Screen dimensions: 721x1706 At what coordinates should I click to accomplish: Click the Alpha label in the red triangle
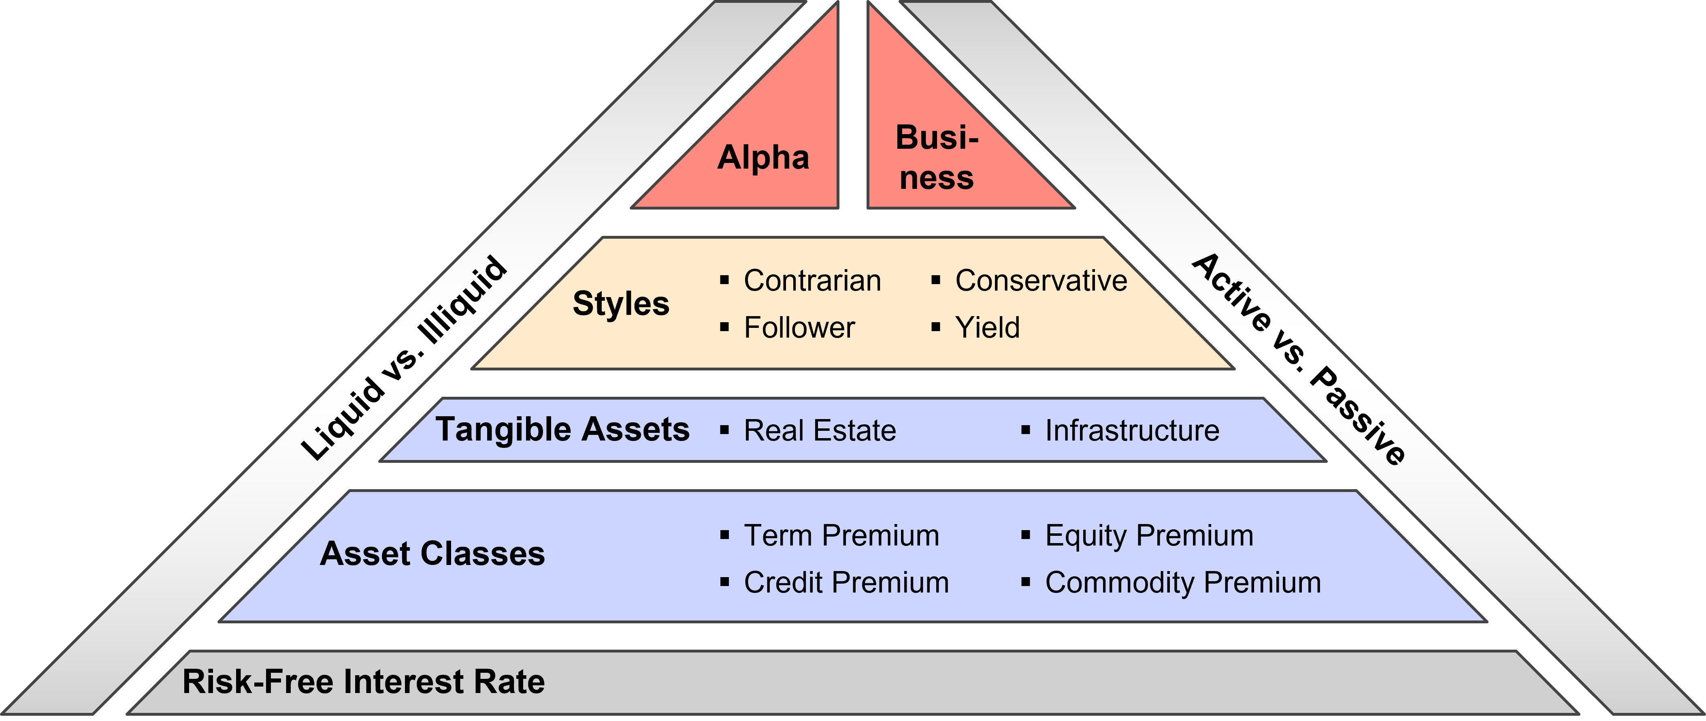[763, 158]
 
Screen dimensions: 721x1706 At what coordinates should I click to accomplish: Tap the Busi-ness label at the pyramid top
[937, 158]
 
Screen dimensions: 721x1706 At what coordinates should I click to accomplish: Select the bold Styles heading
[620, 304]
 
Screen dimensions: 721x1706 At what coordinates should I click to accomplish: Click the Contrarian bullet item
[812, 280]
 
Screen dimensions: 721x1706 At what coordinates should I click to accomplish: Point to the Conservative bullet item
[1040, 280]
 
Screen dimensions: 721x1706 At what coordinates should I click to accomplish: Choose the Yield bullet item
[987, 327]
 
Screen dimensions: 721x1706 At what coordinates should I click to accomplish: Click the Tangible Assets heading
[562, 430]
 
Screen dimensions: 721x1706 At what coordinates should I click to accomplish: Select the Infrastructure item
[1132, 431]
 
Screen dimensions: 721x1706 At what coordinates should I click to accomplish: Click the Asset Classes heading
[432, 554]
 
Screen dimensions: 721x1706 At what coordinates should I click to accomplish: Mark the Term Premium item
[841, 535]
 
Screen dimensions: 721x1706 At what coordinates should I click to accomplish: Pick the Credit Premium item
[846, 582]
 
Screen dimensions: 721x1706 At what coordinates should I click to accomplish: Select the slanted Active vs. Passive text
[1299, 359]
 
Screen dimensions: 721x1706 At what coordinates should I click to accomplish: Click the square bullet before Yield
[936, 327]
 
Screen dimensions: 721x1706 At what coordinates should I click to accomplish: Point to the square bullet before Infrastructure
[1026, 430]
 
